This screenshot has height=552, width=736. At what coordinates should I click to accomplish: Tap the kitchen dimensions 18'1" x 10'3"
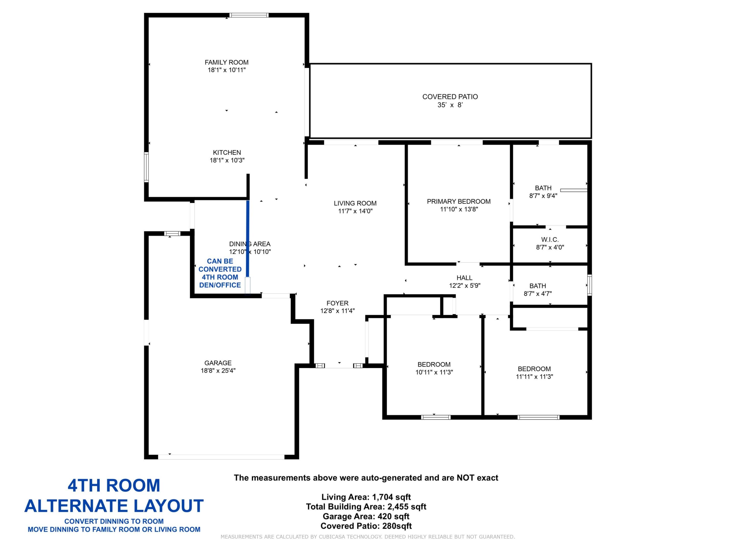(227, 160)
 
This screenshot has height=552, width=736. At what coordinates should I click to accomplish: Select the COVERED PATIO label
(450, 97)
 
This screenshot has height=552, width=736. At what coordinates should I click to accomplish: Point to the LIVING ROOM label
(355, 203)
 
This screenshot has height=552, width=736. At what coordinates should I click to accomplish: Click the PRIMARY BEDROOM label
(458, 201)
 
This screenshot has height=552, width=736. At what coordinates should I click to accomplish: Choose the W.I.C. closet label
(550, 239)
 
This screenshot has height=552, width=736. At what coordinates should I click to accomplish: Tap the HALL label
(464, 278)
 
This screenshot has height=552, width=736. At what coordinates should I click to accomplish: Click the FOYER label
(337, 303)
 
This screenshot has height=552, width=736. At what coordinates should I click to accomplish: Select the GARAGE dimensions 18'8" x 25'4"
(218, 370)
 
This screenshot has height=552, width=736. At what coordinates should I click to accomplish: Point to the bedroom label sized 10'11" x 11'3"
(434, 364)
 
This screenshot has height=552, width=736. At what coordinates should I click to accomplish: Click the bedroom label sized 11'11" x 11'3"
(534, 369)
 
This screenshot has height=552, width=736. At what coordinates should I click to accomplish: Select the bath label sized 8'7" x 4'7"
(537, 285)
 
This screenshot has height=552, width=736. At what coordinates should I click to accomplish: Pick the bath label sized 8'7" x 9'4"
(543, 188)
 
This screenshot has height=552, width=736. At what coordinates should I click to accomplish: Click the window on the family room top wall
(249, 15)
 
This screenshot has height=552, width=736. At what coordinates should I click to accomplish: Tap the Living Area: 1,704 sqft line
(366, 497)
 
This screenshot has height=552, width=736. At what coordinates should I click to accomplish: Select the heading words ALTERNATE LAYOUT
(114, 506)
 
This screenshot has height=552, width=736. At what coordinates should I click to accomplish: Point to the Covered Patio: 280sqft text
(366, 526)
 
